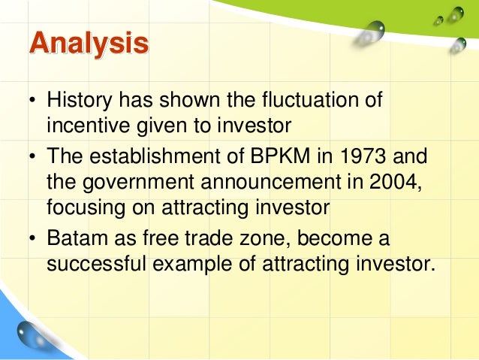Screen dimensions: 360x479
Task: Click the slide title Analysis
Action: point(89,44)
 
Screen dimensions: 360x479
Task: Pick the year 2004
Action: point(390,183)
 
